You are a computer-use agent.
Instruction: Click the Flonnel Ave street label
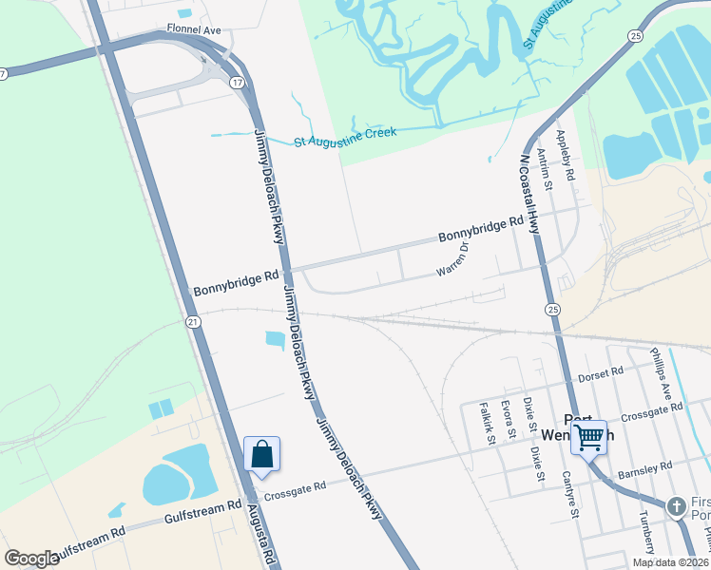(193, 30)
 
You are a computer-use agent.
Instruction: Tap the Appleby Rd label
(567, 156)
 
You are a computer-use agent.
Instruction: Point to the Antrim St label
(543, 167)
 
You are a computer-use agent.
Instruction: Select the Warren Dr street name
(453, 259)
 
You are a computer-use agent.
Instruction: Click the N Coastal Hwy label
(529, 195)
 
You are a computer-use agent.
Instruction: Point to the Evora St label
(509, 418)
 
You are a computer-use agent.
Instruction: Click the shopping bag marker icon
(262, 455)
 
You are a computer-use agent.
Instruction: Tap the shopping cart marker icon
(589, 438)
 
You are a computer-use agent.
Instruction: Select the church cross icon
(677, 506)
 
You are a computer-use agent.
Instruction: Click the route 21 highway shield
(193, 323)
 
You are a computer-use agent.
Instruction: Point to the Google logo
(31, 558)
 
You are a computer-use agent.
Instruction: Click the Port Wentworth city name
(589, 427)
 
